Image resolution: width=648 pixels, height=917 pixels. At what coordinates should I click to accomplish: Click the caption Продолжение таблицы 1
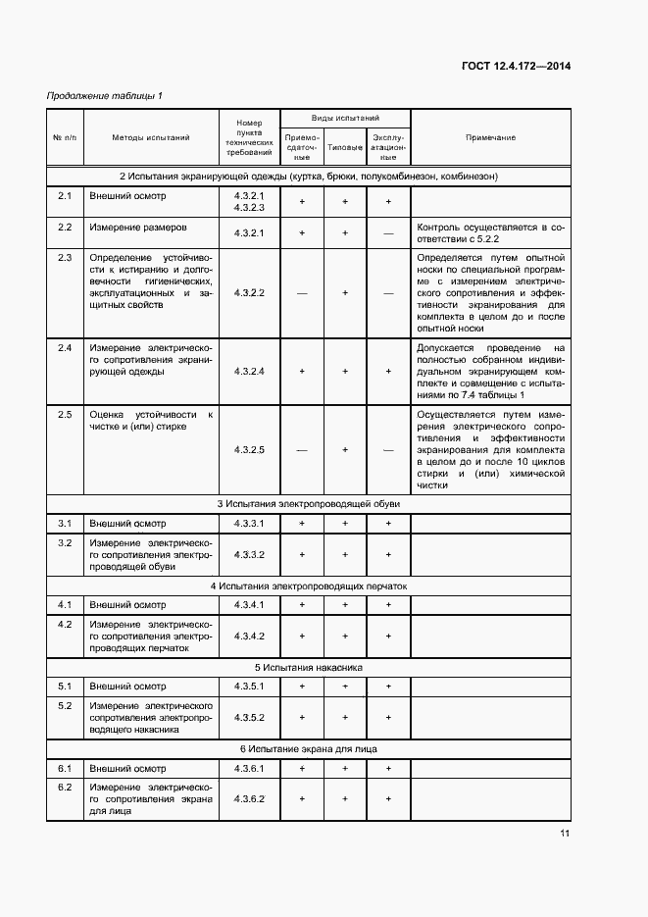point(105,95)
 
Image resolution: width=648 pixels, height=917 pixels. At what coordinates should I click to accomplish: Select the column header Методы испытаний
point(150,138)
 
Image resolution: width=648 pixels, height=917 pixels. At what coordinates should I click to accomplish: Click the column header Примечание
point(490,138)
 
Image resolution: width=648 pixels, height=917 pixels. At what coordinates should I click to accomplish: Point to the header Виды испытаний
point(345,118)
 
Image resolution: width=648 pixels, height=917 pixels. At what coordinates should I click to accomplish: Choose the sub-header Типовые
point(345,148)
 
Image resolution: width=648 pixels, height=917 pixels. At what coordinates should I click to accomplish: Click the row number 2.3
point(65,257)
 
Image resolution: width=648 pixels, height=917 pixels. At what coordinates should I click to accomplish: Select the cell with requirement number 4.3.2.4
point(250,372)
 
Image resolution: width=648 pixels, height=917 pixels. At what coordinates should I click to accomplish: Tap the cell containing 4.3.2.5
point(250,449)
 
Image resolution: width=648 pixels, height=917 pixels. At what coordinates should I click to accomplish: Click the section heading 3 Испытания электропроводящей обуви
point(308,503)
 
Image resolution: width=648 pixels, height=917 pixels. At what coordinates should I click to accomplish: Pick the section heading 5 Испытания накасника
point(308,667)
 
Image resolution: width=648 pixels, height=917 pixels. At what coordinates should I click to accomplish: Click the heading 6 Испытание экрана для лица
point(308,749)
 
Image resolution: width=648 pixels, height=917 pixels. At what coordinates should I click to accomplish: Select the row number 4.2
point(65,624)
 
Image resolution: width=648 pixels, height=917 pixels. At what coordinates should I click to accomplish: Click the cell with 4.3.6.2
point(250,799)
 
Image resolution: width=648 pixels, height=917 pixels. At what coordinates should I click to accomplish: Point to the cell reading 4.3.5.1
point(250,686)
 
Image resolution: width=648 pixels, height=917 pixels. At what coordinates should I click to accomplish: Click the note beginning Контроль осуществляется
point(490,231)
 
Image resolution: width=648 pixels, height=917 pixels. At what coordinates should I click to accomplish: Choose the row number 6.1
point(65,768)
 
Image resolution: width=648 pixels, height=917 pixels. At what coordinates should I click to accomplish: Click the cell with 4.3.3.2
point(250,554)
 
